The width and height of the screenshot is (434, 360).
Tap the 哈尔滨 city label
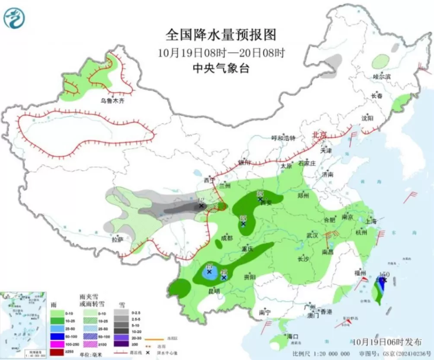coord(381,76)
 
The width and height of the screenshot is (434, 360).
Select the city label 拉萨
coord(117,239)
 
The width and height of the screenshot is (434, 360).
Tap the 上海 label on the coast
coord(371,221)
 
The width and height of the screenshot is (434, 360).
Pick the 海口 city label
coord(293,336)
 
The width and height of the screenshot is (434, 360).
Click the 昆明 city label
coord(214,291)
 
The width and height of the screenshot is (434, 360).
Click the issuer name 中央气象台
coord(221,68)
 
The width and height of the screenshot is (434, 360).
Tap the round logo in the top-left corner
coord(14,18)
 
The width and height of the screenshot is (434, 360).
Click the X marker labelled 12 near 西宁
coord(201,206)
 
